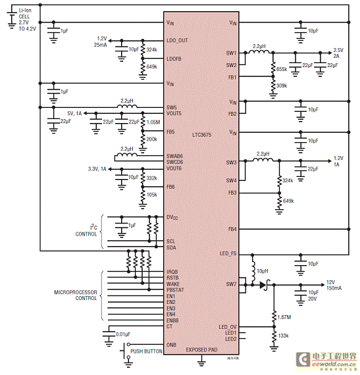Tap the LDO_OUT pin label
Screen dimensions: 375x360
pyautogui.click(x=178, y=40)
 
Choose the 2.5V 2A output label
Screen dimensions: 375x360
pyautogui.click(x=338, y=53)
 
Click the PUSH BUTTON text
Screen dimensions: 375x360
pyautogui.click(x=146, y=352)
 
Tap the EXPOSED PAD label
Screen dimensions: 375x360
pyautogui.click(x=201, y=349)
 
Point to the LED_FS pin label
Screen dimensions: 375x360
pyautogui.click(x=228, y=253)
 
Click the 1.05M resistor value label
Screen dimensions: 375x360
pyautogui.click(x=153, y=122)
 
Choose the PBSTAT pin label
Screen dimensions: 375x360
pyautogui.click(x=176, y=289)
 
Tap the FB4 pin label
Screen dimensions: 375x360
pyautogui.click(x=232, y=229)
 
